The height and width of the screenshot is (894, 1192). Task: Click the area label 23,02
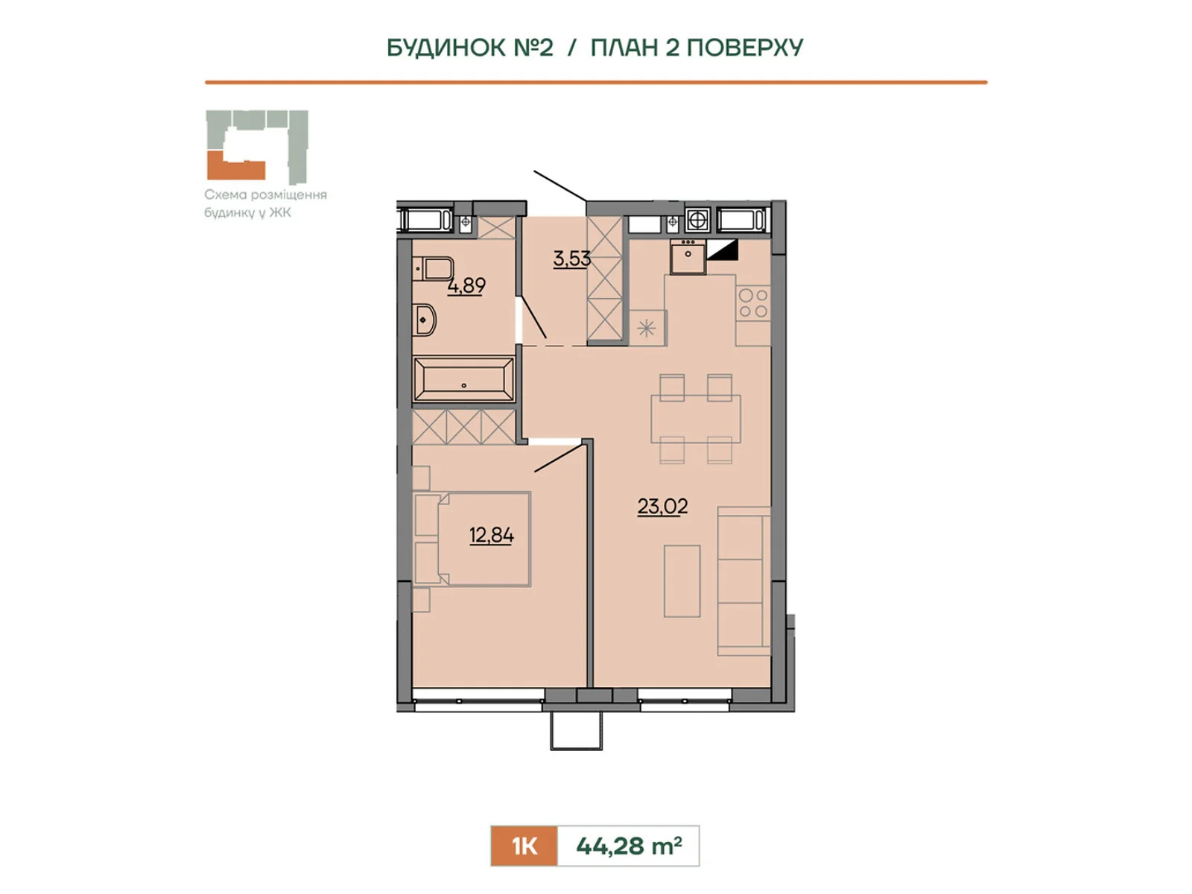pos(662,507)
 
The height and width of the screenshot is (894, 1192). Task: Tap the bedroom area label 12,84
pos(491,536)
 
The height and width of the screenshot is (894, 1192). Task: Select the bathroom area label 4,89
pos(466,285)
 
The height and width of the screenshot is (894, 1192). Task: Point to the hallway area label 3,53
pos(571,259)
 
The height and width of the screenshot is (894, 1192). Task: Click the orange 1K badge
pos(524,846)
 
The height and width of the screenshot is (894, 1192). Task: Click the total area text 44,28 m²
pos(629,846)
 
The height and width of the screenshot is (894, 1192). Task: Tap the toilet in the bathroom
pos(432,269)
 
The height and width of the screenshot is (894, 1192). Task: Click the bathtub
pos(463,379)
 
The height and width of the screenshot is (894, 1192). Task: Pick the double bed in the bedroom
pos(472,539)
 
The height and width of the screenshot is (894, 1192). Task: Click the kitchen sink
pos(688,257)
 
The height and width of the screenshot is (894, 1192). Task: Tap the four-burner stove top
pos(753,303)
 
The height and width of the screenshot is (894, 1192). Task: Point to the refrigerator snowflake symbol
pos(646,329)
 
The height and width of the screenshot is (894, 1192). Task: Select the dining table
pos(696,419)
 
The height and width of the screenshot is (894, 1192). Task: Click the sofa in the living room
pos(744,581)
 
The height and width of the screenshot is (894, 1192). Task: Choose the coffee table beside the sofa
pos(682,581)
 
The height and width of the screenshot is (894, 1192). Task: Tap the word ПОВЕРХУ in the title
pos(744,47)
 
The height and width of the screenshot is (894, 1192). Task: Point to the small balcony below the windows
pos(576,731)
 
